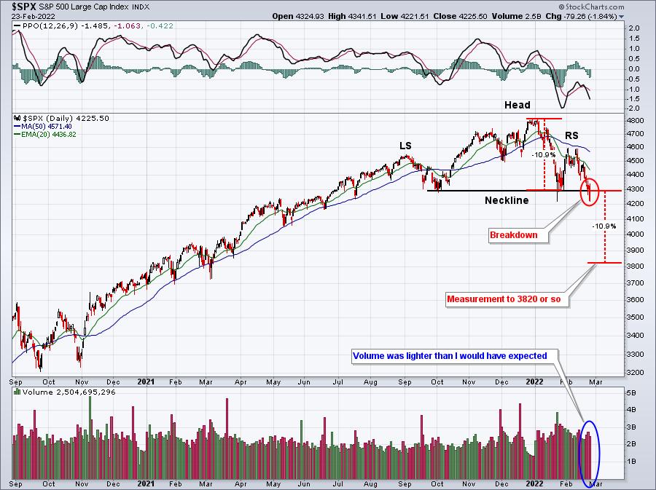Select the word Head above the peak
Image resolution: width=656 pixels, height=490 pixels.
(518, 106)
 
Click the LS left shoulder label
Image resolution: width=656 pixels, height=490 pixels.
(405, 146)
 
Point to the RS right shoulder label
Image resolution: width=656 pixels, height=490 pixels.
(572, 136)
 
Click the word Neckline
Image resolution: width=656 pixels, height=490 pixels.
(507, 200)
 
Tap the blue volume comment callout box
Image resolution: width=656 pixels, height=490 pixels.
(455, 357)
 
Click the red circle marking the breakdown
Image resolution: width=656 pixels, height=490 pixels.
(590, 191)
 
